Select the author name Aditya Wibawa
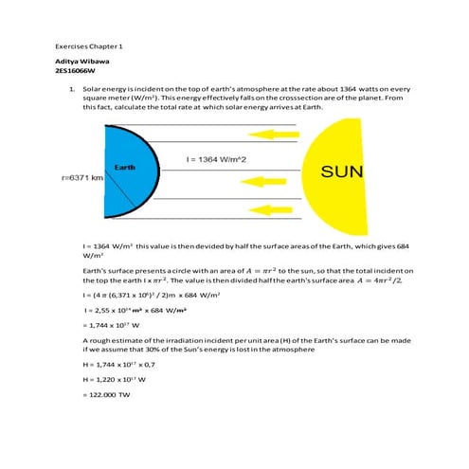point(82,60)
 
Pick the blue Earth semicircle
point(118,189)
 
